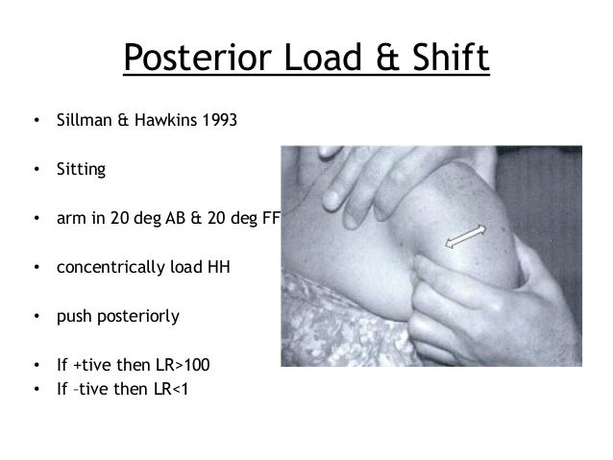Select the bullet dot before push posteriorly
pyautogui.click(x=36, y=316)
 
